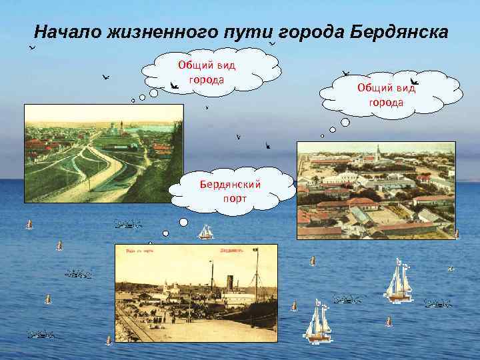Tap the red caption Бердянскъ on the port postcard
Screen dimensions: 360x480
click(231, 251)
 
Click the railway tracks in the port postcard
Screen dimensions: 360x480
click(137, 327)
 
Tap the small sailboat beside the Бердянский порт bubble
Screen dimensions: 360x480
click(205, 231)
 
